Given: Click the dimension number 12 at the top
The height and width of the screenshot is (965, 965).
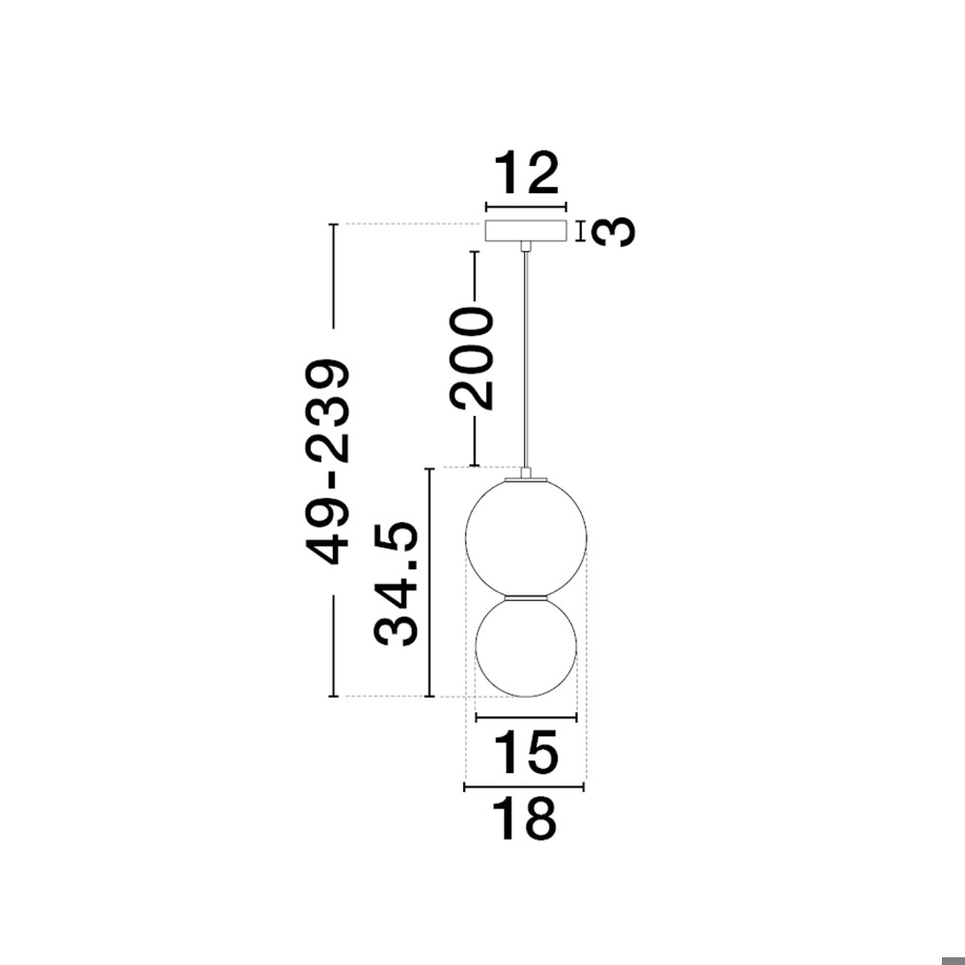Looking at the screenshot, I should click(526, 175).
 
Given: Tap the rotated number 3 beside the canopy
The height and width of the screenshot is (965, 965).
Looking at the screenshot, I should click(614, 232).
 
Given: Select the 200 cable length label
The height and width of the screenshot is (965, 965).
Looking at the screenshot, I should click(474, 357).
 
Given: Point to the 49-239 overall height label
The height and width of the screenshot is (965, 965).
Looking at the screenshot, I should click(327, 461).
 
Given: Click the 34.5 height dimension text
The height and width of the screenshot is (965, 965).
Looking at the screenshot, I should click(397, 583).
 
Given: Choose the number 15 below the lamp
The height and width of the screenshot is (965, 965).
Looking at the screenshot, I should click(526, 754).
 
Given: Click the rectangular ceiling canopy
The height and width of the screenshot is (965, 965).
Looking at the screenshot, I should click(526, 233).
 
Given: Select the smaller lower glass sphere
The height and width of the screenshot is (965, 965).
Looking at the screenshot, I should click(526, 647).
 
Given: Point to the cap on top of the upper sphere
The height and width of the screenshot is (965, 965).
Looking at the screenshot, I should click(526, 476).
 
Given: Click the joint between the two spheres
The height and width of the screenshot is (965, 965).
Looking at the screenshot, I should click(526, 596).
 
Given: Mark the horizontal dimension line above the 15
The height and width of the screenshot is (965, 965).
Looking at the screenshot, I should click(526, 717).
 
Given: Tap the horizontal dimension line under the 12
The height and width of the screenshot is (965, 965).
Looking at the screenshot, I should click(526, 207).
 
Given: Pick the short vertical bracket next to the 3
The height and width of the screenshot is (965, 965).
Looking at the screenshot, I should click(581, 232).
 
